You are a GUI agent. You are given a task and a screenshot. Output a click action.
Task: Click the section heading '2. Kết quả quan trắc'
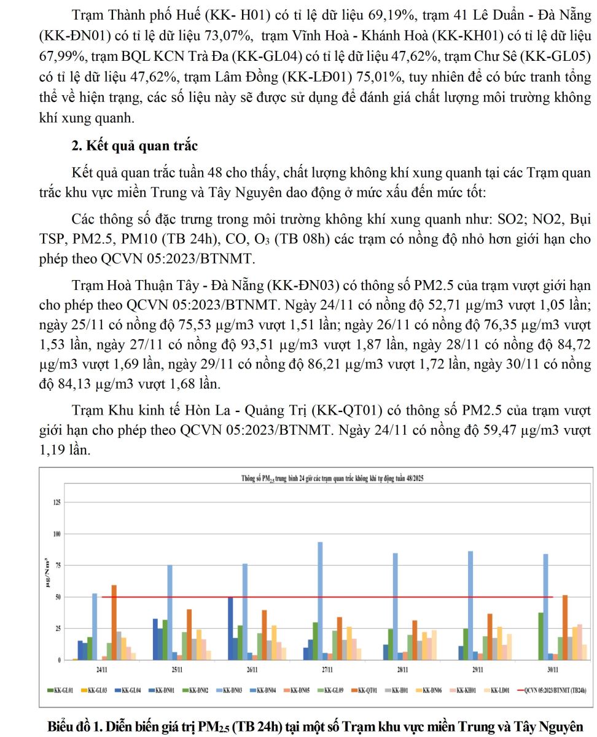(x=135, y=146)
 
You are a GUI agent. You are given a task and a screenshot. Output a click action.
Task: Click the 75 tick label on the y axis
(x=58, y=566)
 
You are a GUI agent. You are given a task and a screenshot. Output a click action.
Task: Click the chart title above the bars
(x=330, y=479)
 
